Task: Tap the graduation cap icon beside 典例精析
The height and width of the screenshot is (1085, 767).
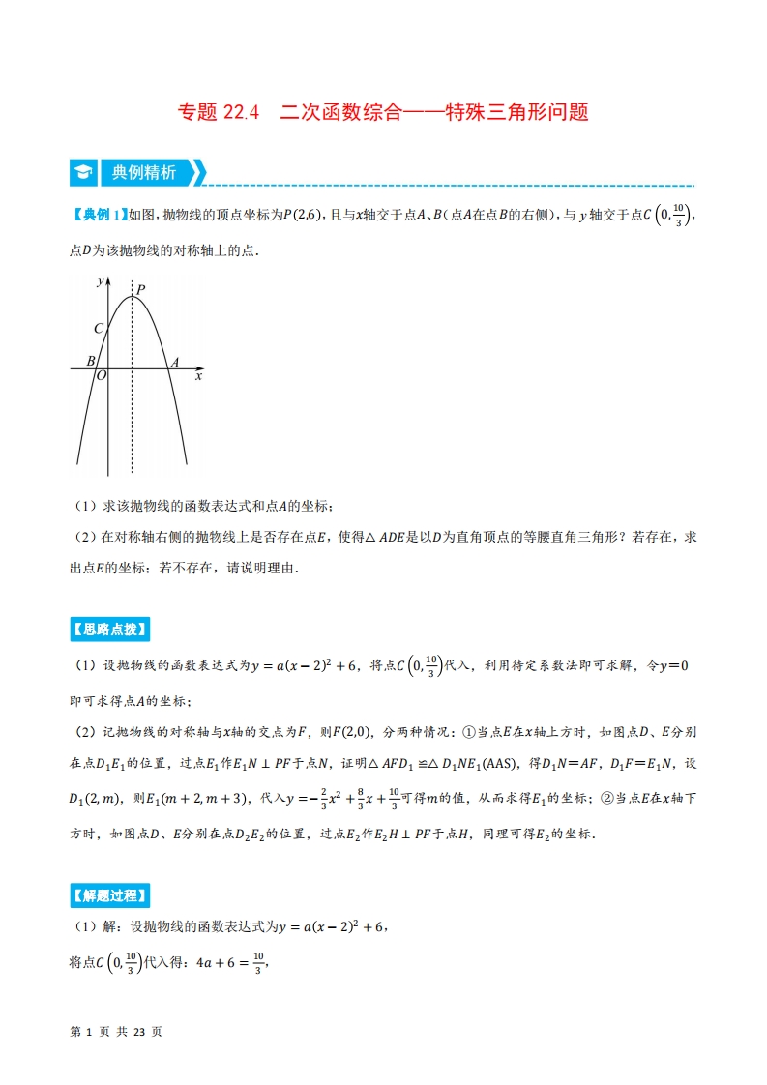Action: click(83, 173)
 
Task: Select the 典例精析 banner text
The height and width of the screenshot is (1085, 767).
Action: click(143, 173)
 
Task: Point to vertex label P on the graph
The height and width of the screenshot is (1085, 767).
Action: click(141, 288)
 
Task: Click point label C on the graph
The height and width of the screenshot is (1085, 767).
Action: click(99, 329)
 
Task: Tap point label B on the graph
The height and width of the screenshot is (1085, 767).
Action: click(91, 362)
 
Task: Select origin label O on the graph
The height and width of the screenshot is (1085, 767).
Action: click(101, 377)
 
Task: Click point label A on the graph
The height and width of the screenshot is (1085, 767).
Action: click(174, 363)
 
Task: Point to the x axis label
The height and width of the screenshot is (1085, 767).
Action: click(199, 376)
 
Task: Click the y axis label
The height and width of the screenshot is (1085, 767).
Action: click(101, 280)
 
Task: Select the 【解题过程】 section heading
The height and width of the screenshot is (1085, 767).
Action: click(109, 895)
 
